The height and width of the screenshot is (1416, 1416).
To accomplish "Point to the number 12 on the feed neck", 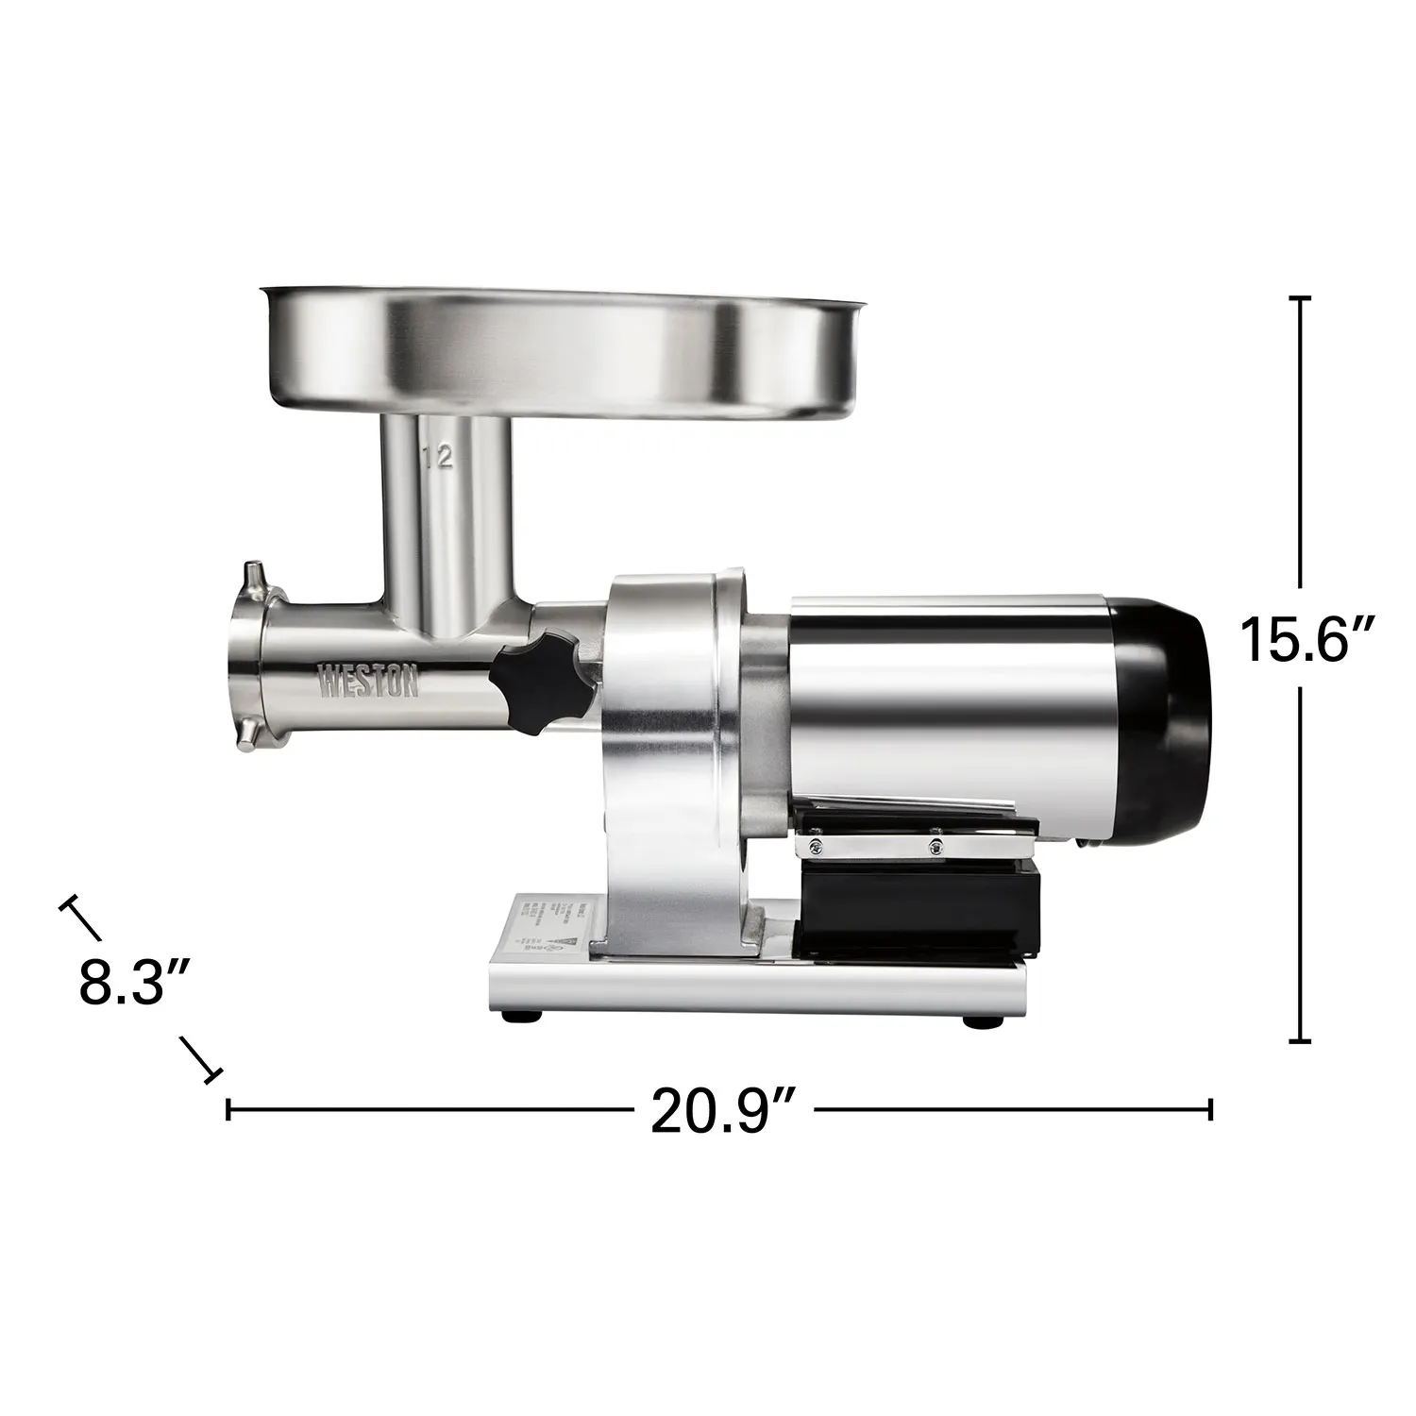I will [x=439, y=459].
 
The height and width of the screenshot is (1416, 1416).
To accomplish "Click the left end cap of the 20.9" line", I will [x=228, y=1109].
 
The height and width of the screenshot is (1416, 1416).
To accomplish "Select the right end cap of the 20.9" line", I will [x=1210, y=1109].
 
